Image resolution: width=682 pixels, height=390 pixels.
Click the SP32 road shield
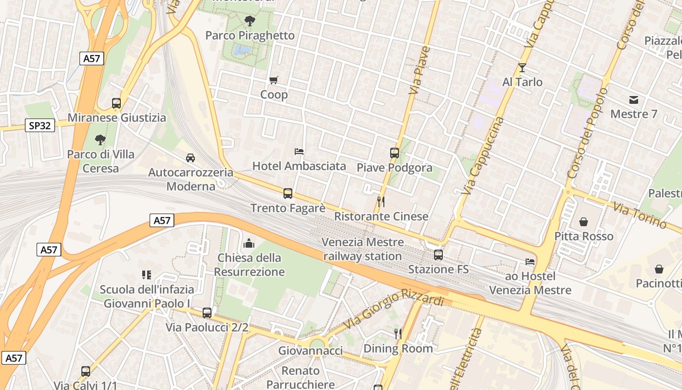[x=39, y=125]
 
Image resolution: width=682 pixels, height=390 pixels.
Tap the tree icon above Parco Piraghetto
[x=250, y=20]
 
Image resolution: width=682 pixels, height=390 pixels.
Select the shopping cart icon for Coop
[x=273, y=80]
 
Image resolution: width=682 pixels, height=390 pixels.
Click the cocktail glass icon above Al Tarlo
[x=522, y=68]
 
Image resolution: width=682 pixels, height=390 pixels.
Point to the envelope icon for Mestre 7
[x=634, y=100]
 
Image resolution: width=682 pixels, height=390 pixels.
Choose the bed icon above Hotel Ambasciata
[x=299, y=152]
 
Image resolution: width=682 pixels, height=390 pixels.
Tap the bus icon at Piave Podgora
[x=395, y=153]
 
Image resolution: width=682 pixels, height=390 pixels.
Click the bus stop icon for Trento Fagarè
[x=288, y=193]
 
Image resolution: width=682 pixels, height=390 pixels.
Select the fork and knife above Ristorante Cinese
[x=381, y=201]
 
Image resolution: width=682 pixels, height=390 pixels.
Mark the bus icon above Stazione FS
[x=438, y=254]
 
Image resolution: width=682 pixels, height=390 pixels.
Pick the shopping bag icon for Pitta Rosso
[x=584, y=222]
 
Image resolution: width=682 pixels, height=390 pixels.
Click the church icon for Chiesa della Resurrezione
[x=249, y=243]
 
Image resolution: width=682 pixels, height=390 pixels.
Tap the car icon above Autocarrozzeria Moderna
[x=190, y=157]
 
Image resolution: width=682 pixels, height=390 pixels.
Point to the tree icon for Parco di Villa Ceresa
[x=100, y=140]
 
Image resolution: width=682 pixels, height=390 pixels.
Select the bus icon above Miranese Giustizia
[x=116, y=103]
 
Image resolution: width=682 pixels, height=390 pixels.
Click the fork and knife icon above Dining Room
[x=398, y=333]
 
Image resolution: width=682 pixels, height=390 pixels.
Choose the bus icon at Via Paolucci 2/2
[x=207, y=312]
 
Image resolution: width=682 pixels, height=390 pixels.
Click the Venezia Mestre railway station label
[x=363, y=249]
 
